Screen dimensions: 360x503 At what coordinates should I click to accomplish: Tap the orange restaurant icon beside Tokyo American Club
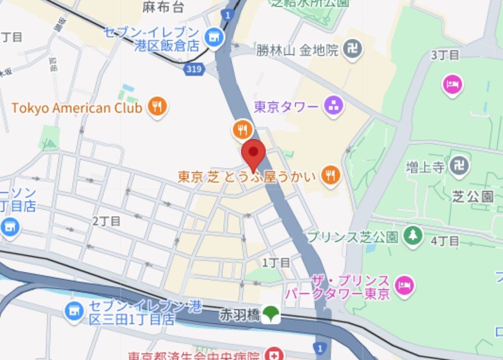[x=157, y=108]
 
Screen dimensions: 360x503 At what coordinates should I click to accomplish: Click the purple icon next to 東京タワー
[x=333, y=107]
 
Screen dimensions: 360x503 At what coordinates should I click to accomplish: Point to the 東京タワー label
[x=286, y=107]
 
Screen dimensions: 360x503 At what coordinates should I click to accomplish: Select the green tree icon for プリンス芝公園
[x=412, y=237]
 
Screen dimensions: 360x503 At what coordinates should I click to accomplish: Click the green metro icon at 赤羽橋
[x=272, y=313]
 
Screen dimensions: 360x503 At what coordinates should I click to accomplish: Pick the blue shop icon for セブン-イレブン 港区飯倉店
[x=215, y=38]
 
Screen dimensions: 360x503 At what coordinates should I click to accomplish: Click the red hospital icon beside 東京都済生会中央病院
[x=273, y=355]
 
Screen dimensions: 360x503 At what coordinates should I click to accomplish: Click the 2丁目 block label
[x=106, y=221]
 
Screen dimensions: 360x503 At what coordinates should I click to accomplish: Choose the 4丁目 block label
[x=446, y=241]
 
